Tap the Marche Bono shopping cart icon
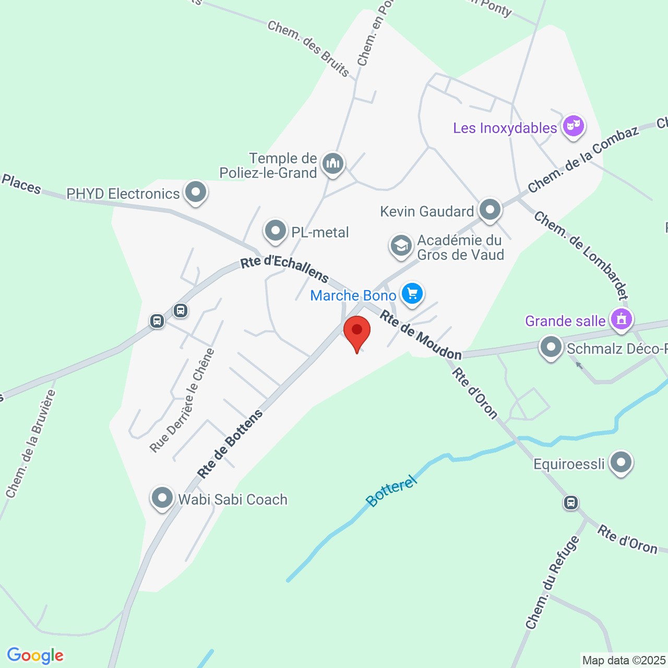coord(412,293)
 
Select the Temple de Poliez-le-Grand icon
coord(332,163)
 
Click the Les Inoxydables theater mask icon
coord(573,126)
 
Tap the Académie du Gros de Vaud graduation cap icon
coord(401,245)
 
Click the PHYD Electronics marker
coord(196,192)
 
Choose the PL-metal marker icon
coord(276,231)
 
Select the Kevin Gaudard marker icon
coord(490,210)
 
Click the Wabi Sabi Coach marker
coord(162,497)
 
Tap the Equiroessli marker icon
coord(621,462)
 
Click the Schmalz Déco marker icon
coord(551,347)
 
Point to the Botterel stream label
coord(391,491)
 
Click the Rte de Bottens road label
coord(230,445)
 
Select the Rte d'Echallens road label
coord(284,268)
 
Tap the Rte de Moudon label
coord(421,335)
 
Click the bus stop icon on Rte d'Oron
coord(571,503)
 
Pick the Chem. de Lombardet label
coord(581,256)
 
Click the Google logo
coord(35,655)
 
